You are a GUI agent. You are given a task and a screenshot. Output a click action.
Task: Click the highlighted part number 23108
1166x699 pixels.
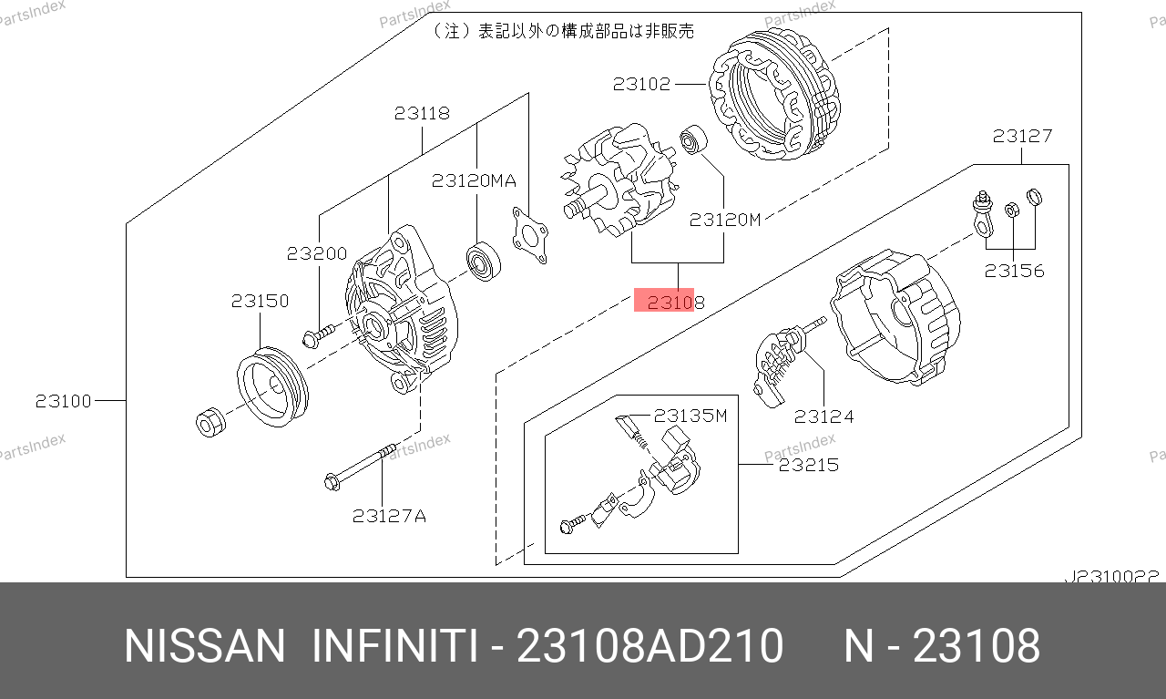coord(675,302)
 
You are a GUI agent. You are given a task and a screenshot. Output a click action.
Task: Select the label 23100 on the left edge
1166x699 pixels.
coord(63,401)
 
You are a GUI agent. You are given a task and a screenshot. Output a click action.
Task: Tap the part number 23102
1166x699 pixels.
coord(641,84)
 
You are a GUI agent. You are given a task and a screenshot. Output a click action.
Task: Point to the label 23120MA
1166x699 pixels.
coord(474,180)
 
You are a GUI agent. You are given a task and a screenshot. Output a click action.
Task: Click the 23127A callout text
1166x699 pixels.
coord(389,516)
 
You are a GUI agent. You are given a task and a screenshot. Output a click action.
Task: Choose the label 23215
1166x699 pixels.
coord(808,465)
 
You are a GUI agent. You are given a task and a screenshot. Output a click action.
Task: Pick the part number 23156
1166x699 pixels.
coord(1014,271)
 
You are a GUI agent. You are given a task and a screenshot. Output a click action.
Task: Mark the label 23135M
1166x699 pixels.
coord(690,416)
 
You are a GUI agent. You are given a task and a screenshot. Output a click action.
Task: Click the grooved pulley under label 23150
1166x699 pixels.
coord(272,386)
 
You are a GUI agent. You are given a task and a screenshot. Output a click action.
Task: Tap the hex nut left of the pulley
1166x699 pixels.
coord(210,422)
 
